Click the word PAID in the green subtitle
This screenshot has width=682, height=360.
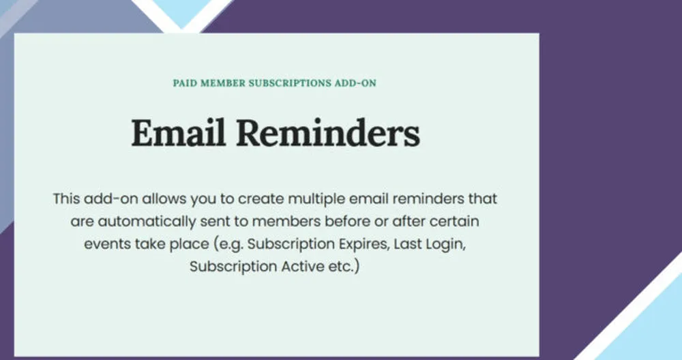(185, 83)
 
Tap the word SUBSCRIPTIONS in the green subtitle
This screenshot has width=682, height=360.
(290, 83)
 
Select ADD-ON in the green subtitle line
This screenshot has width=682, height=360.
(355, 83)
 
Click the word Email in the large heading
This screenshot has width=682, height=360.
(178, 133)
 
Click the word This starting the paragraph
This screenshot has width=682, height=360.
(66, 198)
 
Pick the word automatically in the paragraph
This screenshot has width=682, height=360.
(147, 222)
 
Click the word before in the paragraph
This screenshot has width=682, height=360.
(348, 222)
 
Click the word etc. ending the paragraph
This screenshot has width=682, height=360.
(344, 267)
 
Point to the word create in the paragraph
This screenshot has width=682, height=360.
(261, 198)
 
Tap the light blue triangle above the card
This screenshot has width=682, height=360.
(182, 10)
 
